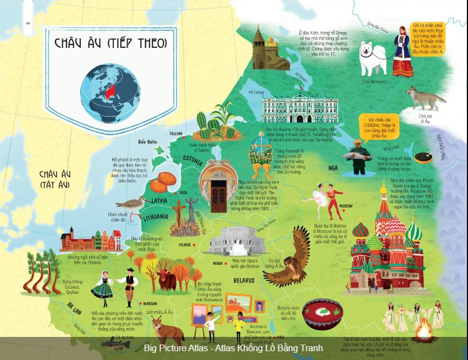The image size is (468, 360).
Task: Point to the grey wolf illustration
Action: (x=425, y=98)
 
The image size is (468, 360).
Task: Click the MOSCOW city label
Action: (x=345, y=206)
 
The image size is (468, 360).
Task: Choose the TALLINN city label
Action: (x=176, y=134)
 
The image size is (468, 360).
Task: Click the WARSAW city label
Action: (x=150, y=303)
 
